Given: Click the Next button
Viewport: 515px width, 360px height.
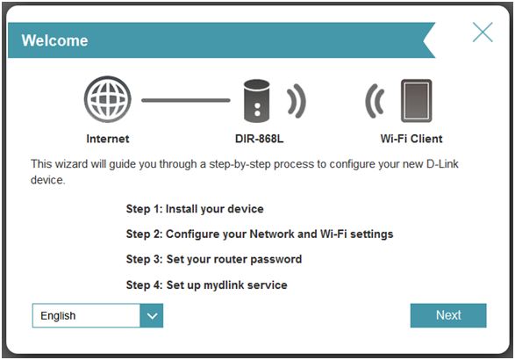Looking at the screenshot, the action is click(x=448, y=315).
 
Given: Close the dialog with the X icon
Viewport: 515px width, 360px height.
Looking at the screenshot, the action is click(x=483, y=32).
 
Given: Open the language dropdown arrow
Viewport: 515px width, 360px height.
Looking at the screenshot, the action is click(x=152, y=315).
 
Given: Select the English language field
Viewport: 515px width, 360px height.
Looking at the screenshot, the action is click(x=86, y=315).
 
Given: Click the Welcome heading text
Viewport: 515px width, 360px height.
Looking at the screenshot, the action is click(x=55, y=40).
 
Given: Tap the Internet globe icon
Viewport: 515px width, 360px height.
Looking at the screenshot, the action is click(x=108, y=99).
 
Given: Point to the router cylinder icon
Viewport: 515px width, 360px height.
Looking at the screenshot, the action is click(x=256, y=101).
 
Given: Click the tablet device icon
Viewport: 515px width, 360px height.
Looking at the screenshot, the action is click(x=416, y=101).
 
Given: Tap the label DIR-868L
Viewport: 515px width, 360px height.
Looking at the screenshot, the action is click(x=259, y=139).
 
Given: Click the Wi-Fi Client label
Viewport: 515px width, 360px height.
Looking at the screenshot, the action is click(x=411, y=139).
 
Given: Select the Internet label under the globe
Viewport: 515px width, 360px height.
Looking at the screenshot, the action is click(x=108, y=139).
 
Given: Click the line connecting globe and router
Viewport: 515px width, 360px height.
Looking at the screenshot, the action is click(x=186, y=100).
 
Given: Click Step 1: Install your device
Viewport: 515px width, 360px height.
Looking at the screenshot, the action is click(x=195, y=209).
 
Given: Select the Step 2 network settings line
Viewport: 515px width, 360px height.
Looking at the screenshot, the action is click(x=260, y=234).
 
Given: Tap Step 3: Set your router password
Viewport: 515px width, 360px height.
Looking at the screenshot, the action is click(x=214, y=259).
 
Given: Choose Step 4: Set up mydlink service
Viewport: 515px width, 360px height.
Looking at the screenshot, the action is click(x=206, y=284).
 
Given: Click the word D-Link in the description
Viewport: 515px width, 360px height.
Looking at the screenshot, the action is click(x=442, y=163).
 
